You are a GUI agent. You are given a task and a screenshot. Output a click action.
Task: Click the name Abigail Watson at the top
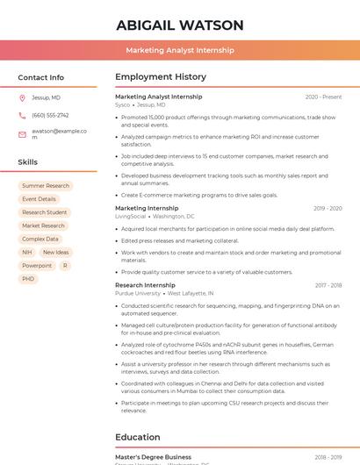coord(179,25)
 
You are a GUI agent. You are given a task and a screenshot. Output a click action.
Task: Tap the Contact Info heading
coord(40,77)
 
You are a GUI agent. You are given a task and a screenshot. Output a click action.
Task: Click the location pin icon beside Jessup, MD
coord(22,97)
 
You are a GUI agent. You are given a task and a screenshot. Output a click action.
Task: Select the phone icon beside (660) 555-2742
coord(22,115)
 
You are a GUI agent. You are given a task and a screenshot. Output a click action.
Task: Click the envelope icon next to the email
coord(22,134)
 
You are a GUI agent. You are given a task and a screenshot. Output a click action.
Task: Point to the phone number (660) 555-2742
coord(50,115)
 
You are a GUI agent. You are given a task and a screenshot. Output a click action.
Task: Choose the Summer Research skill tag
coord(46,186)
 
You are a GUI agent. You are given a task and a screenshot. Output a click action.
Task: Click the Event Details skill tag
coord(39,199)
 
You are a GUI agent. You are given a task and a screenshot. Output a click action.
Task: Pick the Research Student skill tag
coord(44,212)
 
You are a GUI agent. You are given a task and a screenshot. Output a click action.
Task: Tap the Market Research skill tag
coord(43,225)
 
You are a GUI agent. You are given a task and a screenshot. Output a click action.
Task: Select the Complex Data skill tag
coord(40,239)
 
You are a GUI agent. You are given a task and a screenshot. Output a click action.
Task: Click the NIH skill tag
coord(27,252)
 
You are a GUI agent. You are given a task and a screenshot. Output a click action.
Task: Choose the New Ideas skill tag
coord(55,252)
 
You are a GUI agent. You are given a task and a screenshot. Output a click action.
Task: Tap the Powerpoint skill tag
coord(37,265)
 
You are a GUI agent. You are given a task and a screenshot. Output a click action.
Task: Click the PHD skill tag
coord(28,279)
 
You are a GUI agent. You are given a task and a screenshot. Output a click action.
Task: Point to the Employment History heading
coord(160,77)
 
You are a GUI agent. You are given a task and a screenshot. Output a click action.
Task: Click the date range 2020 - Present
coord(323,97)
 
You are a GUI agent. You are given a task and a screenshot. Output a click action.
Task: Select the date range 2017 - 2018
coord(328,285)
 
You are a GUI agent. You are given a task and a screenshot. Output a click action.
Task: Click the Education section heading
coord(138,437)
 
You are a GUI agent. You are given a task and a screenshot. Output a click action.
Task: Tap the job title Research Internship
coord(146,285)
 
